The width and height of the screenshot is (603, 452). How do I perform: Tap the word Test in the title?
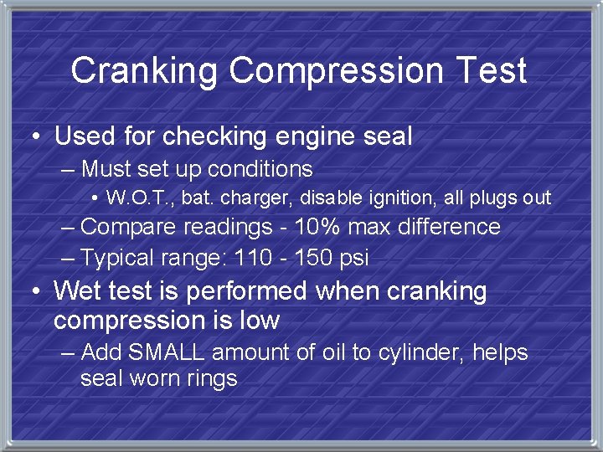(x=488, y=70)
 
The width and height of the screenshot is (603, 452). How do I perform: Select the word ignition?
(x=392, y=198)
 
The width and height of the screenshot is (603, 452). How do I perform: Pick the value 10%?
(x=322, y=227)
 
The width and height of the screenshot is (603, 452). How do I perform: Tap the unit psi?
(x=353, y=259)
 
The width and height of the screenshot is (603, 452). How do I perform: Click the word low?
(x=258, y=321)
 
